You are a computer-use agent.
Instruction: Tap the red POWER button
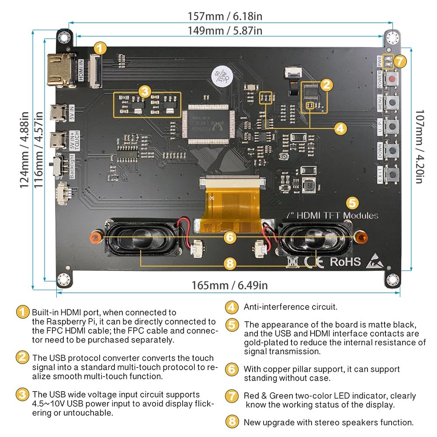click(x=393, y=79)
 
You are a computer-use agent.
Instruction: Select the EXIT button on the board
click(x=393, y=175)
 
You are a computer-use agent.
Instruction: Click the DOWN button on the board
click(x=393, y=151)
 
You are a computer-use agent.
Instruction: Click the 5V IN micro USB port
click(x=59, y=112)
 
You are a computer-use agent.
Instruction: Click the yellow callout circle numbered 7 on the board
click(x=400, y=62)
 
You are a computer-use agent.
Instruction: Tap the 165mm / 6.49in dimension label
click(x=229, y=285)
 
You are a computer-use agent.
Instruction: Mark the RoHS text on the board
click(x=345, y=261)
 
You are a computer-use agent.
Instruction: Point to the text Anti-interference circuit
click(x=290, y=307)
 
